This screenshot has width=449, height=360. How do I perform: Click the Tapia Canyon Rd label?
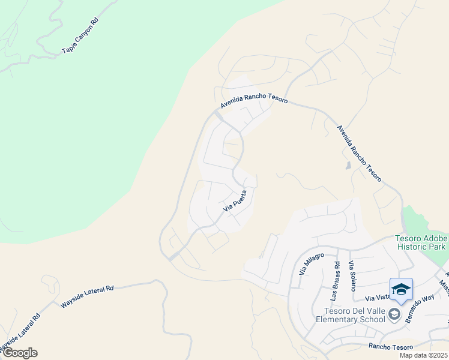tap(80, 37)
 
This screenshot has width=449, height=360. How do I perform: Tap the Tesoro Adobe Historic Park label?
tap(421, 242)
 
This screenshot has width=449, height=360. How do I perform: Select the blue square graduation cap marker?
tap(401, 290)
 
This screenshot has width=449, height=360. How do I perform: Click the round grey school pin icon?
tap(394, 314)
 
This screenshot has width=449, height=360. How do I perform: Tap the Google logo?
tap(19, 353)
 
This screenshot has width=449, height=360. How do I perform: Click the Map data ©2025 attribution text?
tap(423, 355)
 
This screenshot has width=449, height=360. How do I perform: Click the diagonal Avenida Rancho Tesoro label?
tap(358, 153)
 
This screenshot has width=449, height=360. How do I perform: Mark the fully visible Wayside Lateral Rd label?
tap(87, 297)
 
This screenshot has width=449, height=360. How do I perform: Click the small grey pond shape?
tap(349, 166)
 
